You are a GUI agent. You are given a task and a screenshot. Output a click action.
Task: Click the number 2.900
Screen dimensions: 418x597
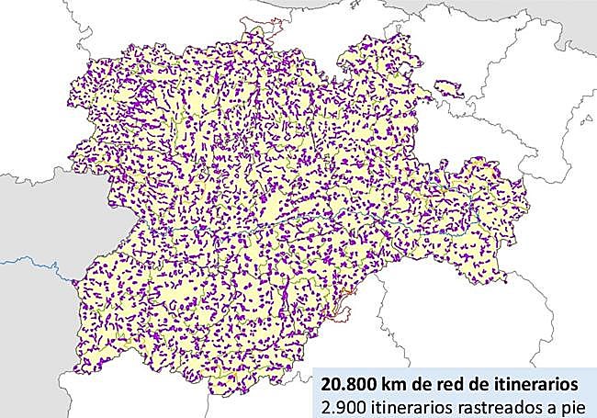click(x=339, y=404)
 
